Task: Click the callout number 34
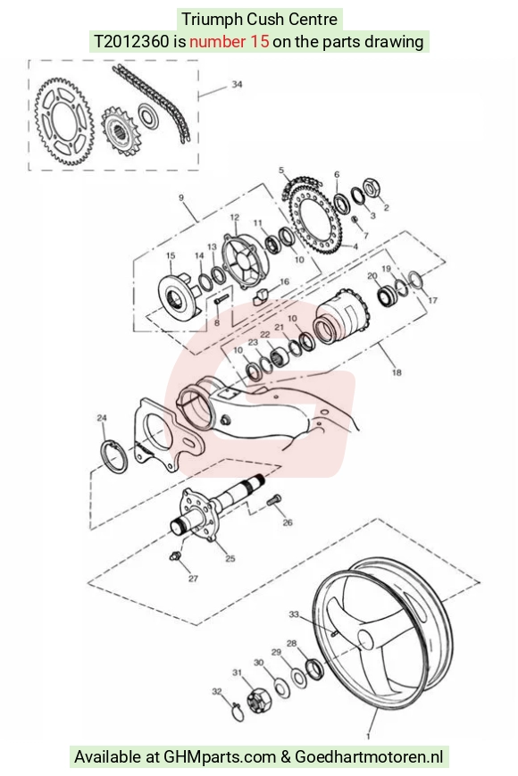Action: tap(237, 84)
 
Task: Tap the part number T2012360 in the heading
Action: tap(132, 42)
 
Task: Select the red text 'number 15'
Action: tap(229, 42)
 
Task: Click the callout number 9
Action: tap(181, 198)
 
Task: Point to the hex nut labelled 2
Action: tap(371, 188)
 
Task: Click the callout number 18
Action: tap(397, 372)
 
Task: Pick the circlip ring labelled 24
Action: tap(114, 455)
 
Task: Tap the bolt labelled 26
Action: tap(273, 500)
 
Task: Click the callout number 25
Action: tap(230, 559)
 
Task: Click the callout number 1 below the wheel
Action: tap(368, 736)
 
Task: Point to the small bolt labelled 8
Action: tap(221, 299)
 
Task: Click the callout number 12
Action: tap(235, 217)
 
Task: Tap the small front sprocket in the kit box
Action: tap(120, 131)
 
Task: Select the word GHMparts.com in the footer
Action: tap(219, 756)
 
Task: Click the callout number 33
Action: tap(294, 614)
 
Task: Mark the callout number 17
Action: tap(432, 300)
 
